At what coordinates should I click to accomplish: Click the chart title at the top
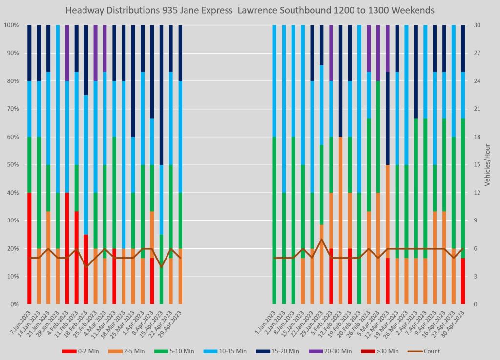[250, 10]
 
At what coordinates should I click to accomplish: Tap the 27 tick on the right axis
[475, 53]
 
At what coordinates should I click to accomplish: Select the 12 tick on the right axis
[475, 193]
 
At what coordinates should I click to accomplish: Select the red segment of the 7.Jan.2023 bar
[29, 248]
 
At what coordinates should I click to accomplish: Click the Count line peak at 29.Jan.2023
[322, 240]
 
